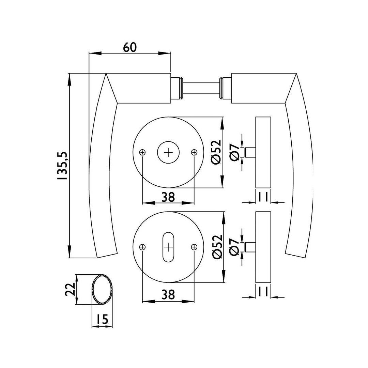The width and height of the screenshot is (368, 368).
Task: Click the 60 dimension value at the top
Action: [x=129, y=47]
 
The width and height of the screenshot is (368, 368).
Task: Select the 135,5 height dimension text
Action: [x=63, y=166]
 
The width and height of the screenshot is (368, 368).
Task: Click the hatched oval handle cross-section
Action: [x=103, y=289]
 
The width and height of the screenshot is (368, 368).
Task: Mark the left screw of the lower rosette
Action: [x=142, y=247]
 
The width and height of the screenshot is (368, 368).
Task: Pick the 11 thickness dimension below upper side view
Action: [x=263, y=197]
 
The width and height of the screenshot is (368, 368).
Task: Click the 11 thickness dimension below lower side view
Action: [x=263, y=292]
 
